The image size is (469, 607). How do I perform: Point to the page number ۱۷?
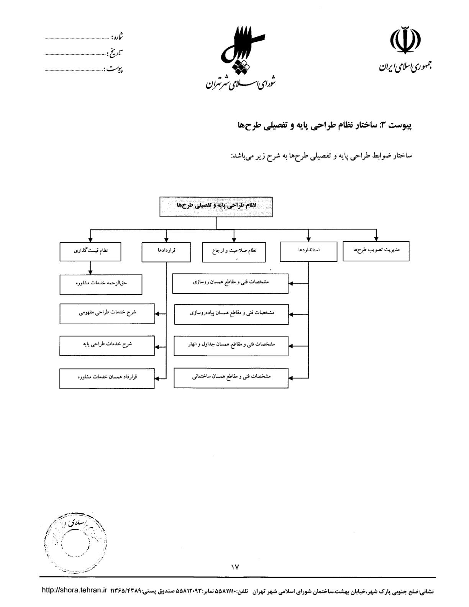coord(235,567)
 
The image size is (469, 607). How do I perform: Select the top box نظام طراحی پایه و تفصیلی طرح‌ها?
coord(216,207)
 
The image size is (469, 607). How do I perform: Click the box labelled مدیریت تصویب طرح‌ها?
coord(376,251)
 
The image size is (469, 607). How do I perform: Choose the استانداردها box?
coord(308,251)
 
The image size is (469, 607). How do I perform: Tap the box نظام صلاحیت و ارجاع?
coord(234,252)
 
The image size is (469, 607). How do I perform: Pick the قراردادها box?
coord(166,252)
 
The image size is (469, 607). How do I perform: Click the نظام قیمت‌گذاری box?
coord(90,252)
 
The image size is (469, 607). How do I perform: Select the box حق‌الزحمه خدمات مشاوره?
coord(101,284)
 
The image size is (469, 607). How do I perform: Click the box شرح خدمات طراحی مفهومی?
coord(107,313)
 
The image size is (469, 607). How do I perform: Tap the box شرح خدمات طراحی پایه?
coord(107,345)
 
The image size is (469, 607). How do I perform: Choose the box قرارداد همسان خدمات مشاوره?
coord(107,378)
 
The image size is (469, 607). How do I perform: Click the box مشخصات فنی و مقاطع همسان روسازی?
coord(230,283)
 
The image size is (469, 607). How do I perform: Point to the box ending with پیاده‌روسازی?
coord(231,314)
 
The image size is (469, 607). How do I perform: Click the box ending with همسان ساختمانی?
coord(231,377)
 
